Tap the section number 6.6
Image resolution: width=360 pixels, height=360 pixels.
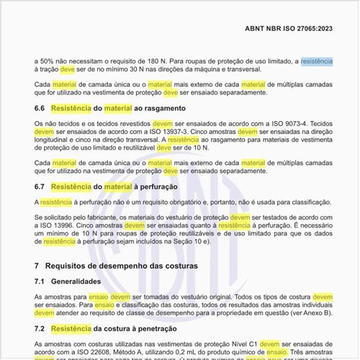[40, 108]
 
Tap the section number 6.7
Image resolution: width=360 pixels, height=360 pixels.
[40, 186]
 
